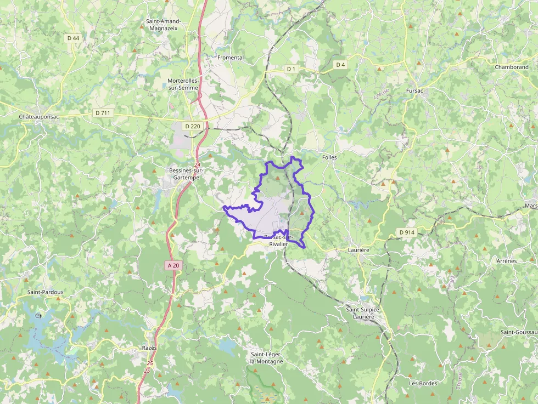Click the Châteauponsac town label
pyautogui.click(x=39, y=117)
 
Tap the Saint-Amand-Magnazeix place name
pyautogui.click(x=163, y=25)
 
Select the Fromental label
pyautogui.click(x=231, y=58)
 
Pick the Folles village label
pyautogui.click(x=329, y=157)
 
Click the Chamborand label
pyautogui.click(x=511, y=67)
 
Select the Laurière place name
pyautogui.click(x=359, y=249)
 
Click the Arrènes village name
pyautogui.click(x=506, y=261)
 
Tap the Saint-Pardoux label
pyautogui.click(x=46, y=292)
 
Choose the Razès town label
pyautogui.click(x=149, y=348)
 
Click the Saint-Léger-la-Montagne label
pyautogui.click(x=267, y=357)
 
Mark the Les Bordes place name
pyautogui.click(x=423, y=383)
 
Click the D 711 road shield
pyautogui.click(x=103, y=113)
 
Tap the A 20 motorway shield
pyautogui.click(x=173, y=265)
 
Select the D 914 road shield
pyautogui.click(x=407, y=232)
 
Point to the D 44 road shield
pyautogui.click(x=73, y=38)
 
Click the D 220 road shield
pyautogui.click(x=193, y=126)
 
